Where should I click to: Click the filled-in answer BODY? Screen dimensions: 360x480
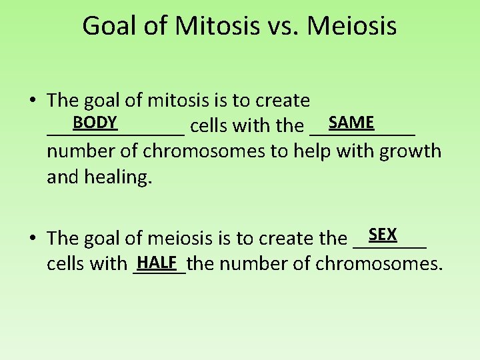click(95, 123)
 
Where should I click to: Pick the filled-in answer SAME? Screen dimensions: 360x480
click(351, 123)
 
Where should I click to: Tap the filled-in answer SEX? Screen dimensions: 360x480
click(383, 235)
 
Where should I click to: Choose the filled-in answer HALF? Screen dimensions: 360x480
click(158, 263)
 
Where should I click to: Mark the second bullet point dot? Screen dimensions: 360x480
click(32, 239)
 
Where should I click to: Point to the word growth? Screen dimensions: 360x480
click(410, 151)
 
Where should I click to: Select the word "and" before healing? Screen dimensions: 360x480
click(63, 177)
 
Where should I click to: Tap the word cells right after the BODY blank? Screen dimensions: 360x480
click(211, 125)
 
